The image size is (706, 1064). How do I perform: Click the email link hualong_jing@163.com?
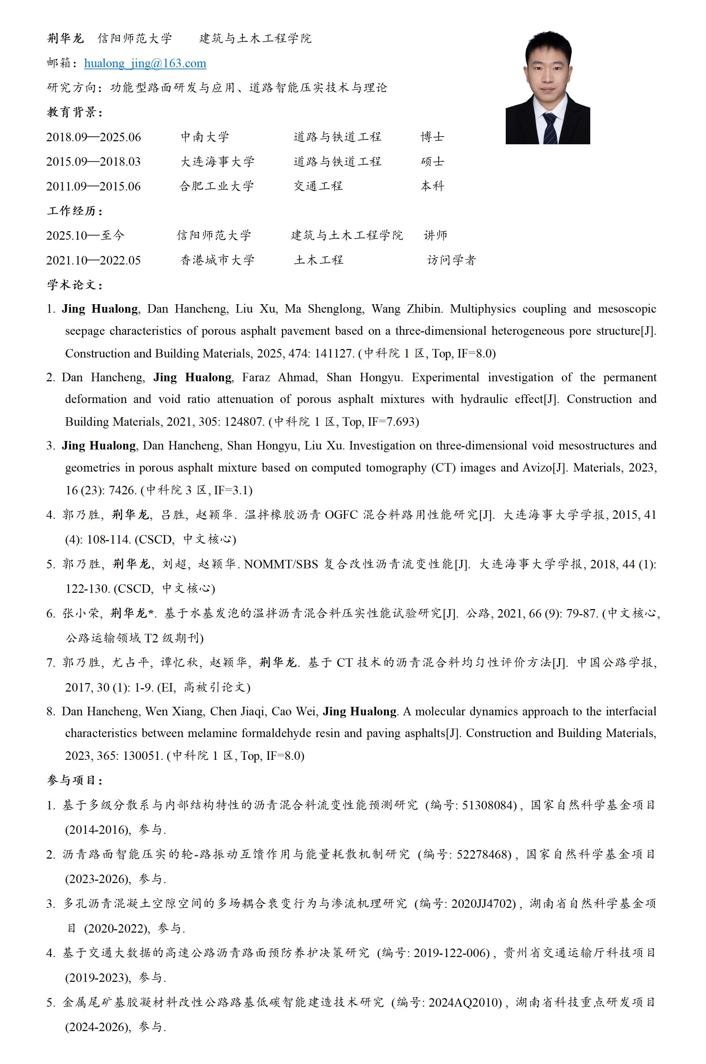tap(145, 63)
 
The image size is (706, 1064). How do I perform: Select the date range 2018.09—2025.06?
tap(94, 137)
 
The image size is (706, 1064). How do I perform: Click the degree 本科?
tap(432, 186)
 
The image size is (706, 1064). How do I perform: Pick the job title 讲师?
tap(435, 235)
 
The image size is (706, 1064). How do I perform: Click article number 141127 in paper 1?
tap(334, 353)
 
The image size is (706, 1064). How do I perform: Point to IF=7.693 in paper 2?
tap(393, 422)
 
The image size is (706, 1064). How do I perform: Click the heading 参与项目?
tap(75, 780)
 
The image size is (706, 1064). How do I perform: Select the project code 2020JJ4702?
tap(483, 904)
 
